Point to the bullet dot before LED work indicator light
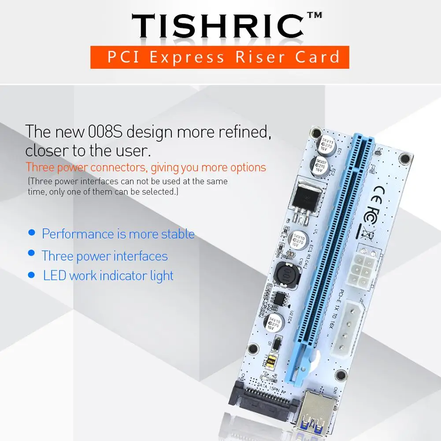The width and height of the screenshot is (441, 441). (31, 275)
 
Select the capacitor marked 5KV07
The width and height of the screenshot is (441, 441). (319, 165)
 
